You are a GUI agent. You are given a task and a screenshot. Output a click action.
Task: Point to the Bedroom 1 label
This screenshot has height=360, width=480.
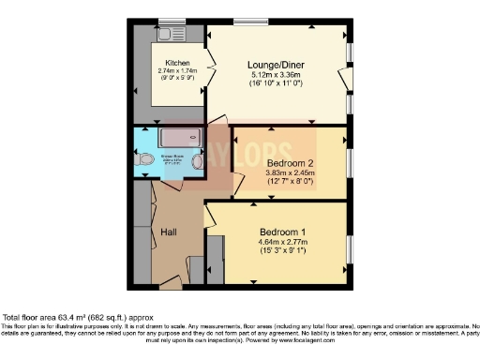click(280, 231)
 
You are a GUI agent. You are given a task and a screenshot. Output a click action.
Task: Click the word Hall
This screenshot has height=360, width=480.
click(169, 232)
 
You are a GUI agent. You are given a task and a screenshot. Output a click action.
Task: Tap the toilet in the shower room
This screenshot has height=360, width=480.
click(143, 160)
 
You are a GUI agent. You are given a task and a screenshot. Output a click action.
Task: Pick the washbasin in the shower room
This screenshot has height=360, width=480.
click(197, 161)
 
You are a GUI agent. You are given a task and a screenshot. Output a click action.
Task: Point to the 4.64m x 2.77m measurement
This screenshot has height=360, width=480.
click(280, 242)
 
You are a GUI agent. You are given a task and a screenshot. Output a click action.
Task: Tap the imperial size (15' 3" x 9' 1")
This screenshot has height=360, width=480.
click(280, 252)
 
